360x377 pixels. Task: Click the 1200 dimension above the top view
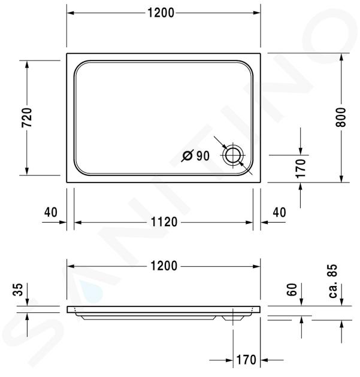tap(161, 13)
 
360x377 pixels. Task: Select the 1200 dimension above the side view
tap(164, 266)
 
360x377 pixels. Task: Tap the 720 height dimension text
tap(27, 118)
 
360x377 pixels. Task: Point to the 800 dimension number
tap(341, 117)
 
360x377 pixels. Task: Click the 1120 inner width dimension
tap(164, 222)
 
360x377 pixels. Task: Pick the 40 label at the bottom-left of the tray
tap(51, 212)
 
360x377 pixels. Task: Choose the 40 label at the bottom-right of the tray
tap(279, 212)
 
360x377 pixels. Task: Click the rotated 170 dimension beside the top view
tap(300, 168)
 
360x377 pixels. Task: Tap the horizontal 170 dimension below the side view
tap(246, 360)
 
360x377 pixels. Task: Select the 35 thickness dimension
tap(19, 290)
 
